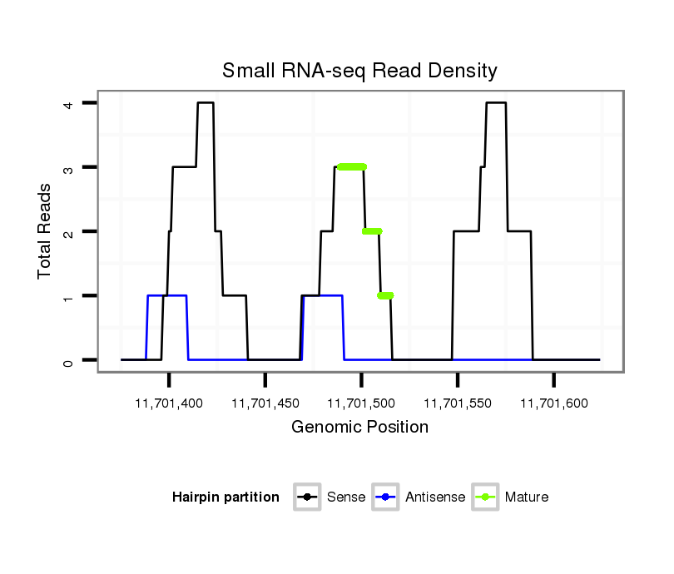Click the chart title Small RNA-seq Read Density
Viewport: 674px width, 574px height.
click(x=359, y=72)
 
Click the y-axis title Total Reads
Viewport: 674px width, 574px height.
click(x=45, y=230)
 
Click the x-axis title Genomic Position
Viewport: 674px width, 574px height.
click(x=359, y=428)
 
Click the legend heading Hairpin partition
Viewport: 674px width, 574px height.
click(x=225, y=497)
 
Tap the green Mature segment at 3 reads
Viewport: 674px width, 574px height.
click(x=352, y=167)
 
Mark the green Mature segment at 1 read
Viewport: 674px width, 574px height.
click(x=385, y=295)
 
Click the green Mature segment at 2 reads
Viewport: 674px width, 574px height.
click(x=372, y=231)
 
